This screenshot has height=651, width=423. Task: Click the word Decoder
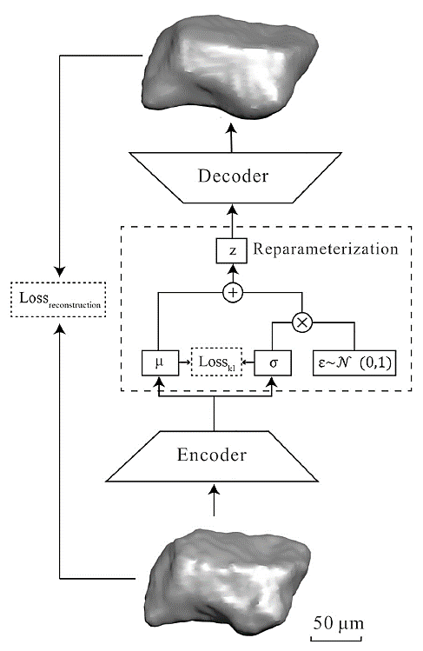click(233, 176)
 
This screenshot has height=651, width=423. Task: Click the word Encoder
click(212, 455)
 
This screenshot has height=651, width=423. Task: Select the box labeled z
click(232, 251)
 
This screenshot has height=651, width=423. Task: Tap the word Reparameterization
click(326, 249)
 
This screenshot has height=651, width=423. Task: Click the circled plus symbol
click(233, 292)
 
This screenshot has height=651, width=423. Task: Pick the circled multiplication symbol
click(302, 322)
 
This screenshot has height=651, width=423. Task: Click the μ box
click(160, 362)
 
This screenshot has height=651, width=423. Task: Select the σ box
click(273, 362)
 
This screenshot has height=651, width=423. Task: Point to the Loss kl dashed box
click(216, 362)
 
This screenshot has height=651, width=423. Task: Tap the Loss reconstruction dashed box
click(58, 299)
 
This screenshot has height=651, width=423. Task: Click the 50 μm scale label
click(339, 623)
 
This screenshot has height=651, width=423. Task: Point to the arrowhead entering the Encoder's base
click(214, 492)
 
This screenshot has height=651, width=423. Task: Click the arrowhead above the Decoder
click(231, 128)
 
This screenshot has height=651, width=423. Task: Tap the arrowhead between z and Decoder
click(232, 209)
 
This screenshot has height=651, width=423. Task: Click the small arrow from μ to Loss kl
click(185, 362)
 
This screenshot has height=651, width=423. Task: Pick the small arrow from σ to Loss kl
click(248, 362)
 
